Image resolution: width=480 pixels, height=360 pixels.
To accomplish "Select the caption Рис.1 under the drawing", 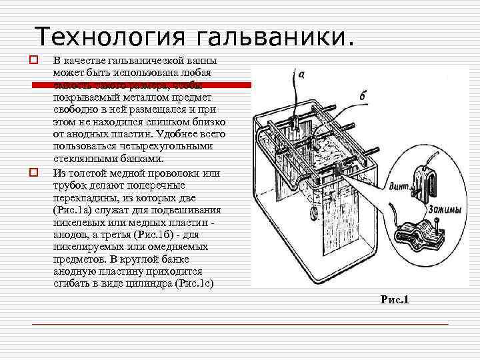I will coord(394,300).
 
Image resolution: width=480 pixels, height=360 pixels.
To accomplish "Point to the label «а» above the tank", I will coord(301,75).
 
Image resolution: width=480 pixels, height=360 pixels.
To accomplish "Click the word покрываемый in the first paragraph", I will coord(86,99).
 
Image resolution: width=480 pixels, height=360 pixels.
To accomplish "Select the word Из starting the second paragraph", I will coord(59,173).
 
